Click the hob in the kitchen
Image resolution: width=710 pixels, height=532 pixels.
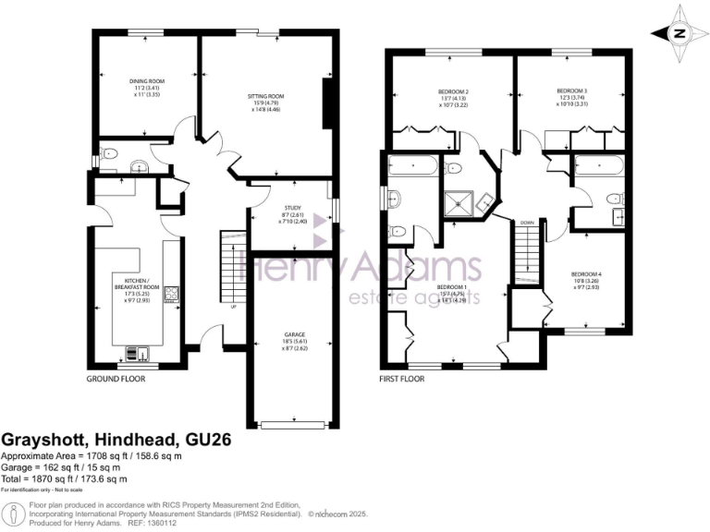171,296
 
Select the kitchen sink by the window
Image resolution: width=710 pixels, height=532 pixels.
137,352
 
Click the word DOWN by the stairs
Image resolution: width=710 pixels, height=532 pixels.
526,223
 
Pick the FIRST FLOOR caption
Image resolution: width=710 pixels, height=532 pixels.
402,380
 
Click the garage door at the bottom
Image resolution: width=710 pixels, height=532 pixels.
293,424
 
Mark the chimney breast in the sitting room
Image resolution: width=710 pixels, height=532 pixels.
327,103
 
